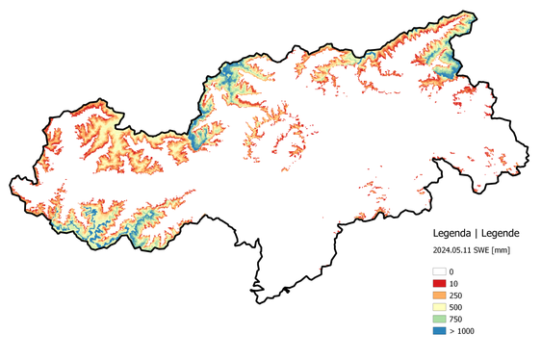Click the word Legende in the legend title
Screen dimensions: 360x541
click(502, 233)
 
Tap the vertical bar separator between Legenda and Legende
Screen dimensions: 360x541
click(477, 233)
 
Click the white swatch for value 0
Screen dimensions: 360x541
click(439, 271)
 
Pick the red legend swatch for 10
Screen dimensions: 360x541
click(439, 283)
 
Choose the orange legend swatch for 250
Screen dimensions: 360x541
click(439, 295)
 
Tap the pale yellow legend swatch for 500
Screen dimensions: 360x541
click(439, 307)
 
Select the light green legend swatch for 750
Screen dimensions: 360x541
click(439, 319)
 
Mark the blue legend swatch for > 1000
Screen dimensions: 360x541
click(439, 330)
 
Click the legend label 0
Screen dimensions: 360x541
click(452, 271)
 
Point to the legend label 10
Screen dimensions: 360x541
click(454, 283)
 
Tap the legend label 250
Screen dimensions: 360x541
click(456, 295)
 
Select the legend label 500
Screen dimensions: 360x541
click(456, 307)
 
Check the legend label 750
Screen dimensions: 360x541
click(456, 319)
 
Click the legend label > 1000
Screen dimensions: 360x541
click(462, 330)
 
